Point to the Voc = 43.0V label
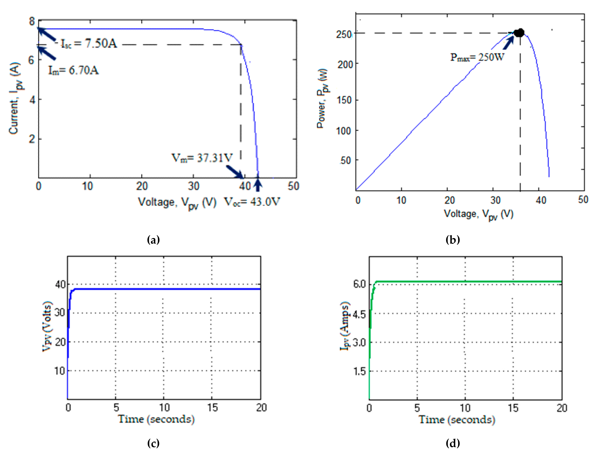pos(252,202)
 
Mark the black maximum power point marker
pos(519,33)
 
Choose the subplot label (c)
pos(153,443)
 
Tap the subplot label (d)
pos(452,443)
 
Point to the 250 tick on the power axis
pos(344,34)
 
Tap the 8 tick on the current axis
pos(32,21)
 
